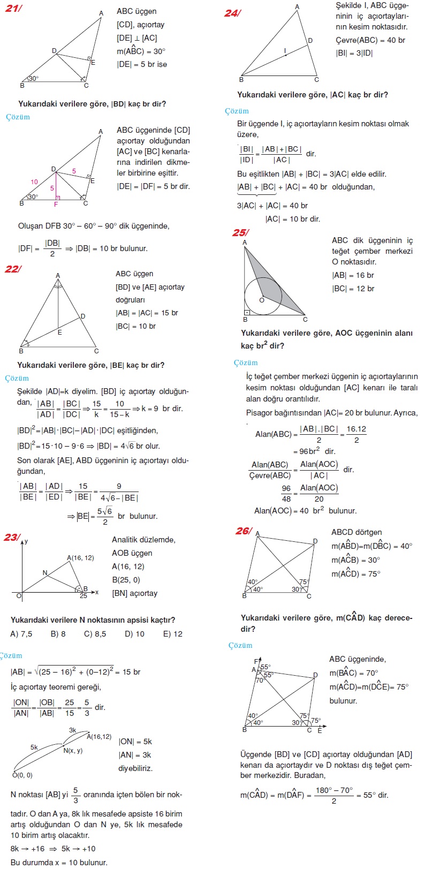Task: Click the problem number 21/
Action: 13,9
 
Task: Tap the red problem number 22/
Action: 13,269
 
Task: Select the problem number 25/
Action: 240,232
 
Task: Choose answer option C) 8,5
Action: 95,633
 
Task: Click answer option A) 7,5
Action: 21,633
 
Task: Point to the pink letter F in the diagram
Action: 56,205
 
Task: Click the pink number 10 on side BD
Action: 34,182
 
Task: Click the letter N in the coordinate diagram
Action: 45,573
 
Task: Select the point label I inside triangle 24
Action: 285,51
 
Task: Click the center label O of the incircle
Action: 262,300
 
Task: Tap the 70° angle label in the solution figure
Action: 260,681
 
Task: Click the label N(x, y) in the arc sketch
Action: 73,750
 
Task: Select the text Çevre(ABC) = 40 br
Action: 370,40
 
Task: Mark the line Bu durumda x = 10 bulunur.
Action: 59,862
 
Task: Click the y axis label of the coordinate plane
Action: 26,541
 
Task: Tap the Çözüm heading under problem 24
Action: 237,111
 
